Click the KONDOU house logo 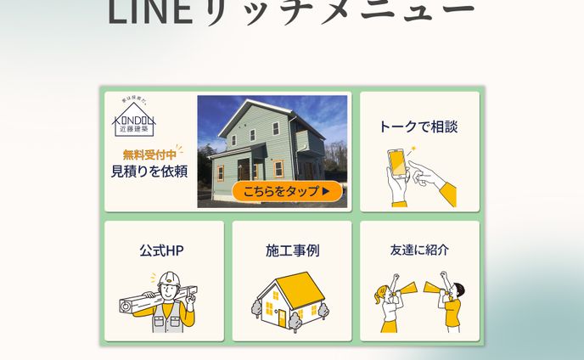[134, 120]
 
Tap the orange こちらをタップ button [287, 191]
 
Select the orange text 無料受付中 [149, 155]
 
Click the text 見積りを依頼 [149, 172]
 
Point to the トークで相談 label [418, 127]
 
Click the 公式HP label [161, 251]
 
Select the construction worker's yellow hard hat [170, 278]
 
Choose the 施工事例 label [292, 251]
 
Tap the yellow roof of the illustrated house [299, 288]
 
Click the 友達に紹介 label [419, 250]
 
